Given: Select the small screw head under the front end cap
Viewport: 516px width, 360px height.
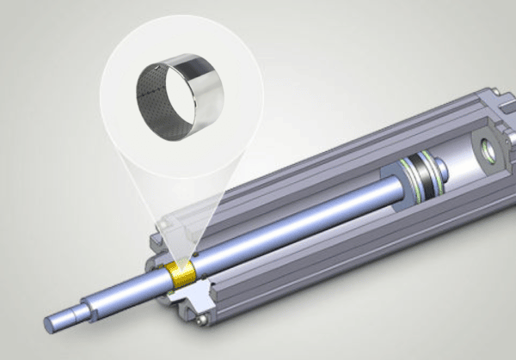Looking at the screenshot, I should click(201, 320).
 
